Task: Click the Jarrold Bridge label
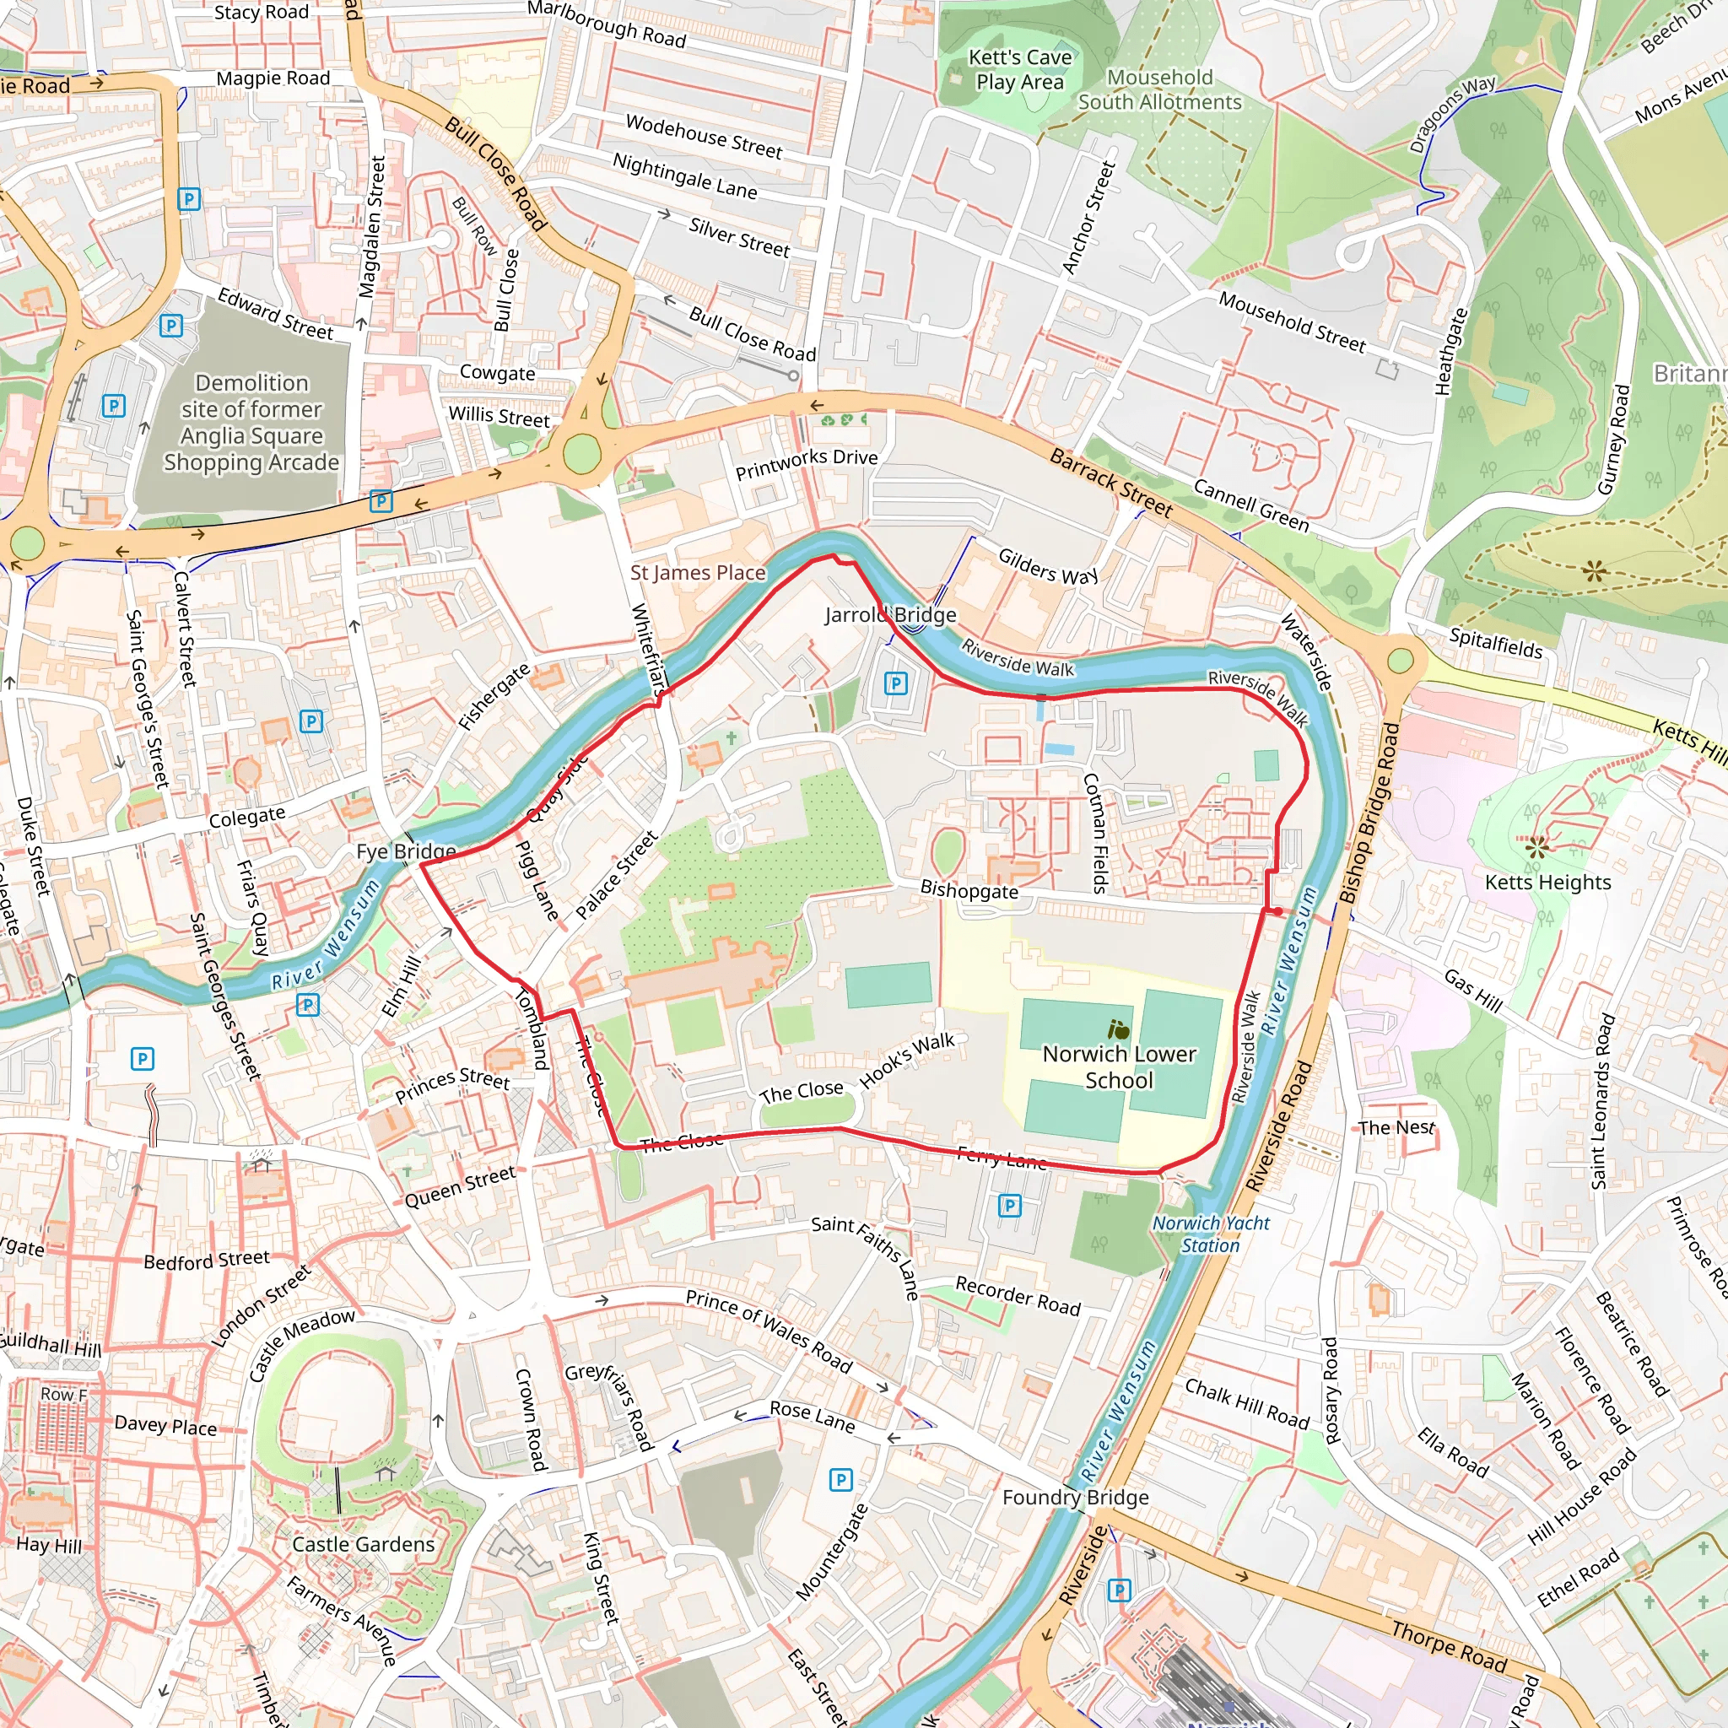coord(890,614)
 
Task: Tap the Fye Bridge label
coord(406,850)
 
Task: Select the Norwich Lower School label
coord(1119,1067)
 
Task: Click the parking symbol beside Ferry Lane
coord(1009,1206)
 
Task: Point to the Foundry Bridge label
coord(1075,1498)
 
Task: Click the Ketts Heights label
coord(1547,882)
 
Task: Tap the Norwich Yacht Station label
coord(1210,1234)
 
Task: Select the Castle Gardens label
coord(363,1544)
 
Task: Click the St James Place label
coord(698,572)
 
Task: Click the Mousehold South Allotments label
coord(1159,89)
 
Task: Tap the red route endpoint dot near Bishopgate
coord(1278,911)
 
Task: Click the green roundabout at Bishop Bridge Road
coord(1401,661)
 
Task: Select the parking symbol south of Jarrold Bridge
coord(895,684)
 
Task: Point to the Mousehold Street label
coord(1292,322)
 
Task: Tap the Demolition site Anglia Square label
coord(251,422)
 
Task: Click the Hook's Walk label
coord(907,1061)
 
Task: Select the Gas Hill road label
coord(1473,990)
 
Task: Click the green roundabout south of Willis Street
coord(581,455)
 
